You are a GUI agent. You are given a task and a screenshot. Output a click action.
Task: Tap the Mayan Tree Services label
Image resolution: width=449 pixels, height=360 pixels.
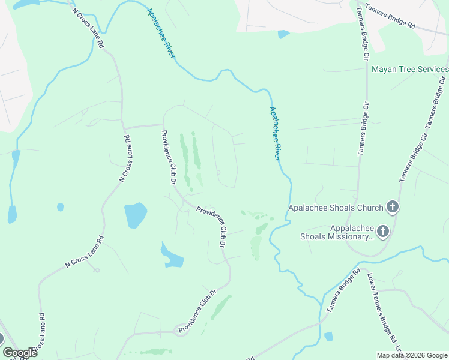(410, 70)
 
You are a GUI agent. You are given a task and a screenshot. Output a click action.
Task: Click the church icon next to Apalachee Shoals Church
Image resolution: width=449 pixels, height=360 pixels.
(393, 208)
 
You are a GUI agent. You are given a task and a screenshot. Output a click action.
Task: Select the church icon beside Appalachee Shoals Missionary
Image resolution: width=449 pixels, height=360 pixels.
(382, 232)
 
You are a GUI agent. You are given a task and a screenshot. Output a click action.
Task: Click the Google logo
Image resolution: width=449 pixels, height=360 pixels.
(20, 353)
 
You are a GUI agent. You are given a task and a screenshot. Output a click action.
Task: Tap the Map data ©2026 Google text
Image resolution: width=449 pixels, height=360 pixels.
(412, 355)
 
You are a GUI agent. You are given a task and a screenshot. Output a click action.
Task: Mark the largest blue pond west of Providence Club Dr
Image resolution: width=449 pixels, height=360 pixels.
(135, 215)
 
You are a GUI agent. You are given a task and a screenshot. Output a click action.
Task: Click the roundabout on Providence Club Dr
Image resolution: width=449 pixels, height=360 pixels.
(181, 330)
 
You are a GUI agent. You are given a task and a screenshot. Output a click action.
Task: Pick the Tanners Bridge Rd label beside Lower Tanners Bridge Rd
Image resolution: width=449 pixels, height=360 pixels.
(343, 290)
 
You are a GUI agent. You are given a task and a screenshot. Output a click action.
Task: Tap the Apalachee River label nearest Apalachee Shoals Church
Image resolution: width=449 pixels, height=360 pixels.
(276, 134)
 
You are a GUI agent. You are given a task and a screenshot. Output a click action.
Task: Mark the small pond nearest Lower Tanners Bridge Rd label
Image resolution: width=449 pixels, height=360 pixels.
(328, 337)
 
